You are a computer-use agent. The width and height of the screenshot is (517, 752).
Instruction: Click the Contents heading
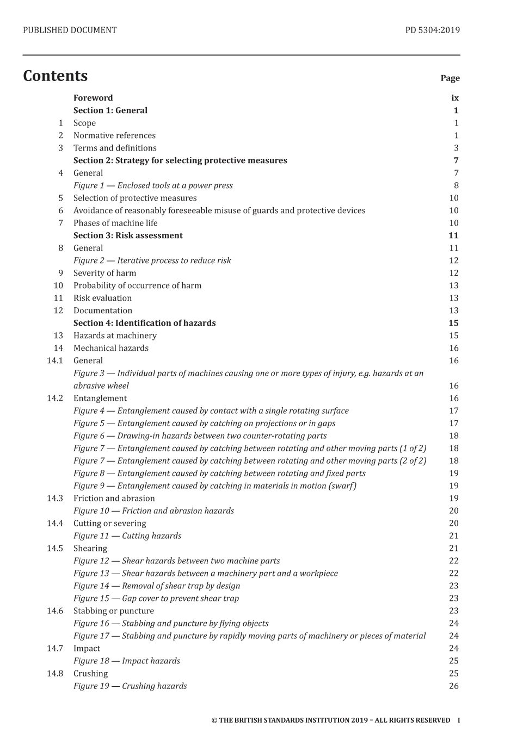[x=55, y=76]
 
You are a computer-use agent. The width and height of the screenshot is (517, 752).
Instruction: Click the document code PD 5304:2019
[x=432, y=30]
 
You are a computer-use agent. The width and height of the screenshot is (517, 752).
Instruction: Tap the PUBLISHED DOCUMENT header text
[x=70, y=30]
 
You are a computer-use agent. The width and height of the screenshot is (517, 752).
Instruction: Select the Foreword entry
[x=93, y=98]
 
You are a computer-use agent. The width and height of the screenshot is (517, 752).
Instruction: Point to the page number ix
[x=455, y=98]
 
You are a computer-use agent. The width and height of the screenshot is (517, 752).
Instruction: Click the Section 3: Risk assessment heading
[x=128, y=235]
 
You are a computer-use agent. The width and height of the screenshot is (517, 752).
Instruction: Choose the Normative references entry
[x=114, y=135]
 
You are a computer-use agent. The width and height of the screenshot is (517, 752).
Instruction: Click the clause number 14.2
[x=55, y=398]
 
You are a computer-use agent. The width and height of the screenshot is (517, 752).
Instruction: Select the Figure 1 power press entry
[x=153, y=185]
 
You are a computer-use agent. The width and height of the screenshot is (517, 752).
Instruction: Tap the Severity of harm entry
[x=104, y=273]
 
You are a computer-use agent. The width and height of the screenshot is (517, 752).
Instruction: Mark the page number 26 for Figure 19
[x=454, y=686]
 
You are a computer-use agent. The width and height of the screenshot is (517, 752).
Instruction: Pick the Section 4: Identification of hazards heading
[x=144, y=323]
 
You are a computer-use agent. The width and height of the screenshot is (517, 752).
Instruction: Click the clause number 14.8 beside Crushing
[x=55, y=673]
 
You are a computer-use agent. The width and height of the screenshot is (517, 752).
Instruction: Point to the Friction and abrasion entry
[x=114, y=498]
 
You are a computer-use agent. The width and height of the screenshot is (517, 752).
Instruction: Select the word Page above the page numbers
[x=450, y=78]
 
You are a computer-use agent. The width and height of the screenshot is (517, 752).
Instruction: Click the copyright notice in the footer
[x=330, y=720]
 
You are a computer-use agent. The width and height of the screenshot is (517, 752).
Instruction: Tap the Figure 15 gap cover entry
[x=156, y=598]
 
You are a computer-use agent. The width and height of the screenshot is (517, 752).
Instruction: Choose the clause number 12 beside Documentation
[x=58, y=310]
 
